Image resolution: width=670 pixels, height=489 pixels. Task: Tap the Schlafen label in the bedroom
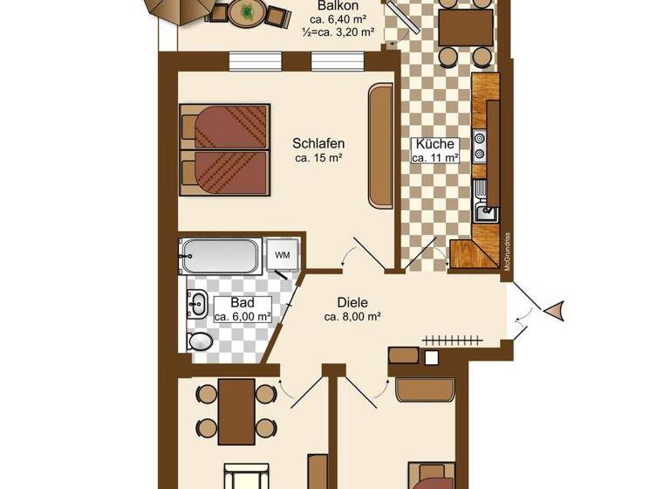tap(318, 143)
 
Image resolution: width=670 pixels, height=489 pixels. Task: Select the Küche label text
tap(434, 143)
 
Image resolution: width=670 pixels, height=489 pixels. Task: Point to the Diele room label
tap(353, 302)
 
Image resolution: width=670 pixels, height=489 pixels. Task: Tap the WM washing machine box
tap(282, 254)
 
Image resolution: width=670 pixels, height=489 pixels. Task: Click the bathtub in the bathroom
tap(220, 256)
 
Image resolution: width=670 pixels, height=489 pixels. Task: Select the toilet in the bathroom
tap(201, 340)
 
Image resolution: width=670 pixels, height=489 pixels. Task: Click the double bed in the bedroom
tap(225, 148)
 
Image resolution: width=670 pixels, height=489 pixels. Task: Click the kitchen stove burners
tap(479, 146)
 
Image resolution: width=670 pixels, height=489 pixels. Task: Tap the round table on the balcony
tap(248, 11)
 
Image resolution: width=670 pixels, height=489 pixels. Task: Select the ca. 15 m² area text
tap(318, 158)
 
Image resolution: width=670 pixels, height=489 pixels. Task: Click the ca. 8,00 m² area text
tap(353, 317)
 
